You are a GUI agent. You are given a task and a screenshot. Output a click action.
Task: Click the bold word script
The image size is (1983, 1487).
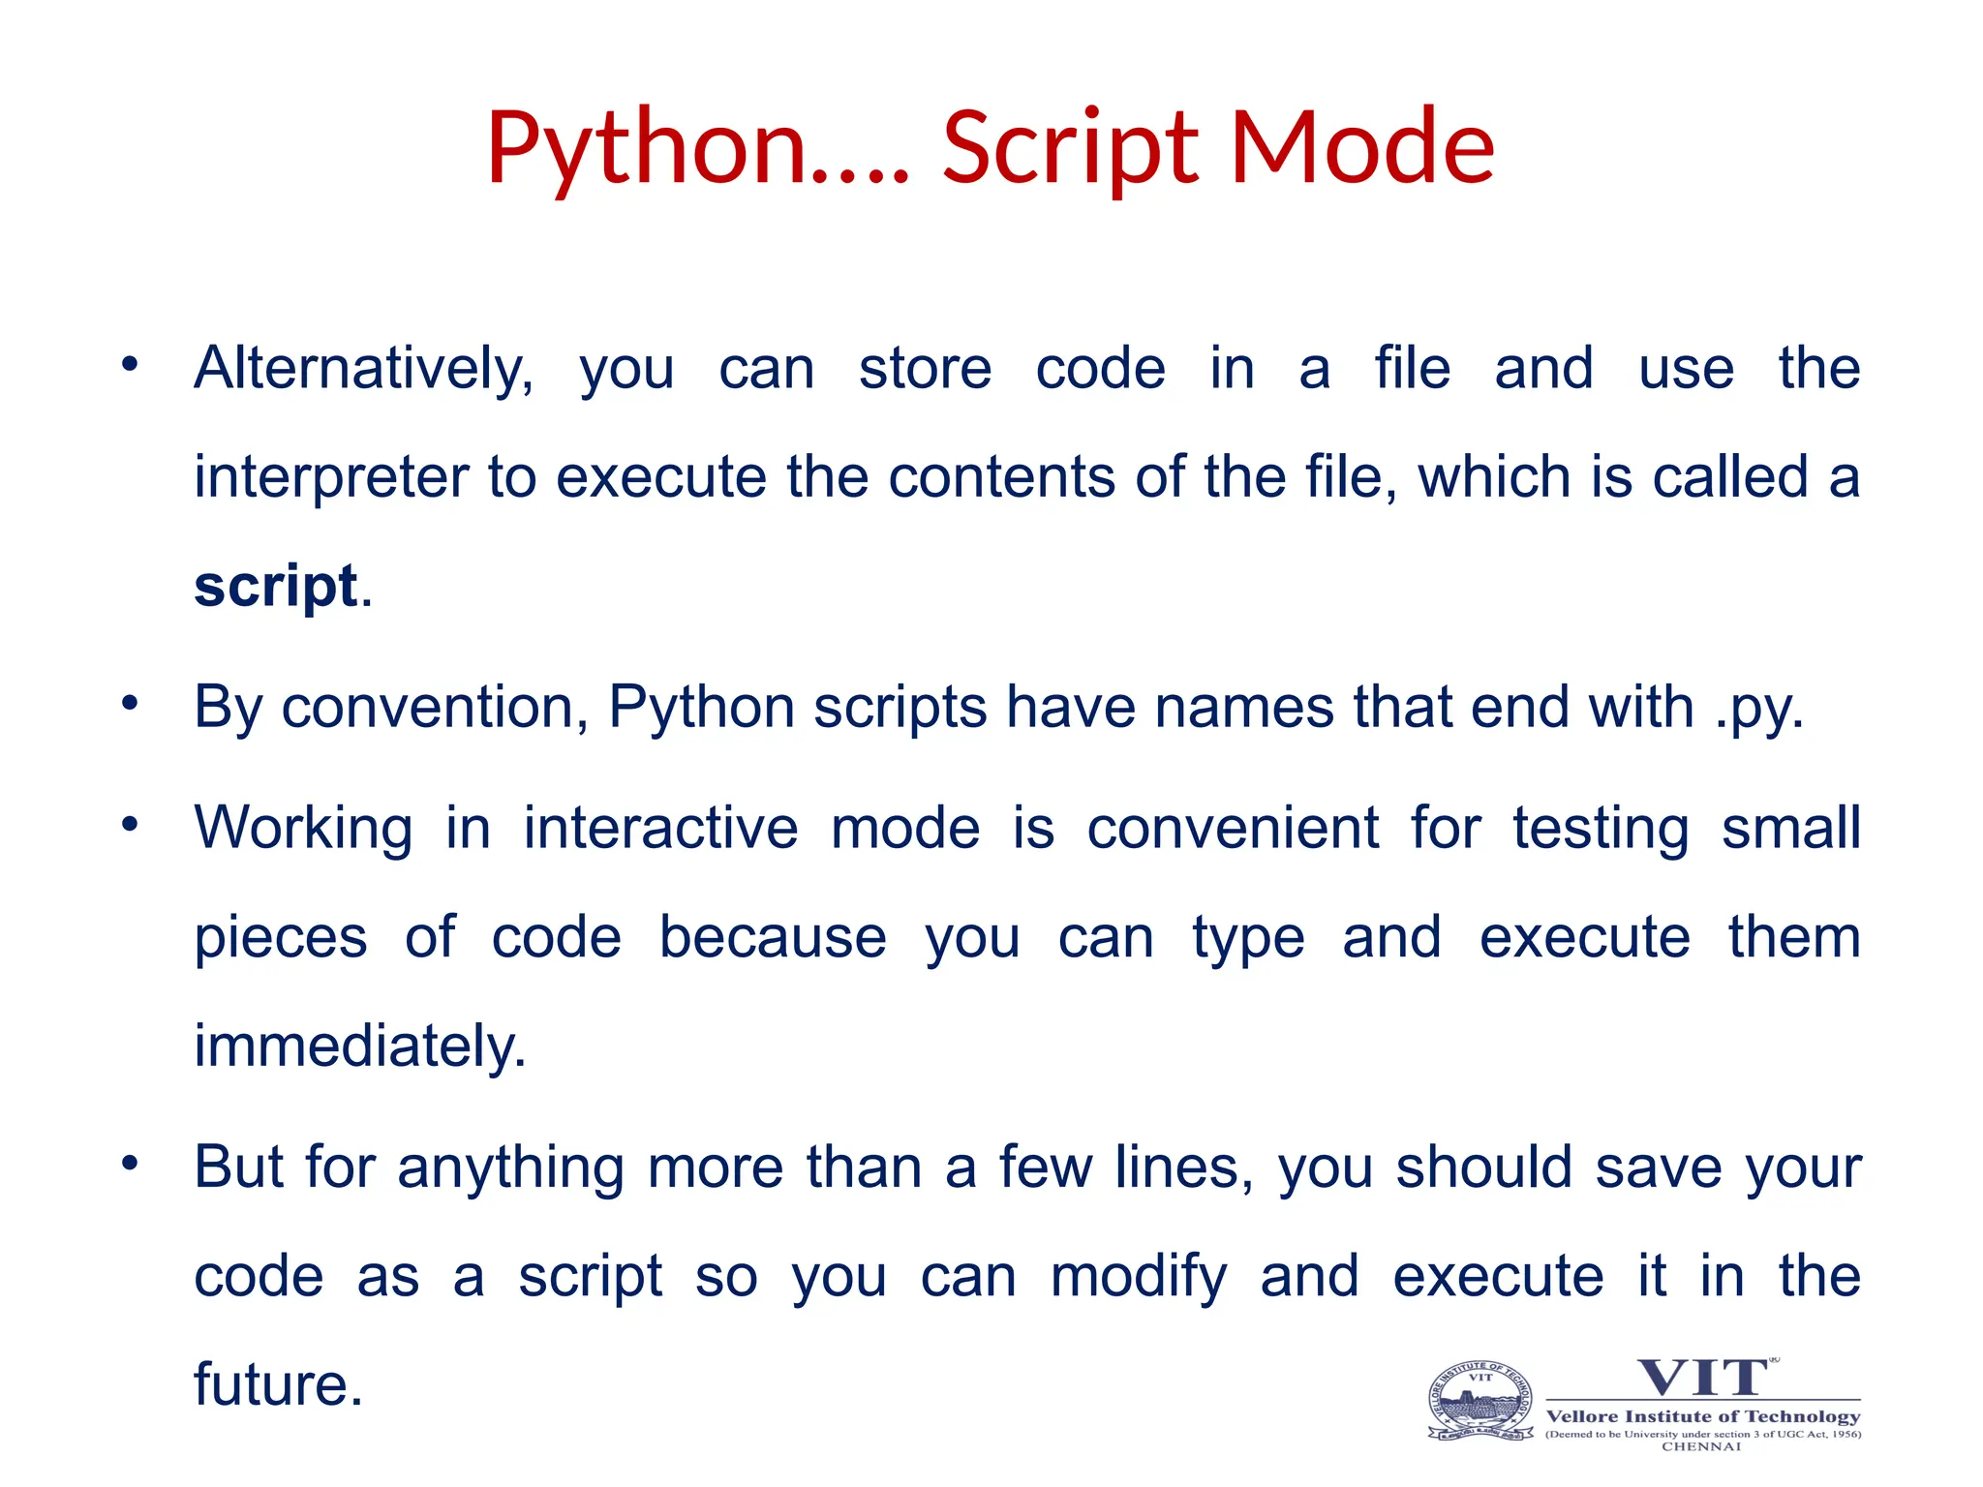276,587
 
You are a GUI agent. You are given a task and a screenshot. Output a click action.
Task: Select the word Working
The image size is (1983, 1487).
303,830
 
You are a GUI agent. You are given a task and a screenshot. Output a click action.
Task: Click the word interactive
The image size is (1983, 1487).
660,830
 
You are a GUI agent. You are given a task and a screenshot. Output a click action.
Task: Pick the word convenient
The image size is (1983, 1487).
1233,830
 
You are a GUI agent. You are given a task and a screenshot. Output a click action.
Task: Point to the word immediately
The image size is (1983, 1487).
360,1047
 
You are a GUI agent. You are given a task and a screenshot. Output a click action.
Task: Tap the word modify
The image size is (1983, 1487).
1139,1277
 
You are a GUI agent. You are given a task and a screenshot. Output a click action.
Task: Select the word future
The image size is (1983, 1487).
278,1385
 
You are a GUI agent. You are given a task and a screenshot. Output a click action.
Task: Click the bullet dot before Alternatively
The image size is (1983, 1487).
131,365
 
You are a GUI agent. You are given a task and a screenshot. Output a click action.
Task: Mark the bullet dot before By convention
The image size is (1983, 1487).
131,704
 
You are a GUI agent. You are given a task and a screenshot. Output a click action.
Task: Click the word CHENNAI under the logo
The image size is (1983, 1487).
1701,1447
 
